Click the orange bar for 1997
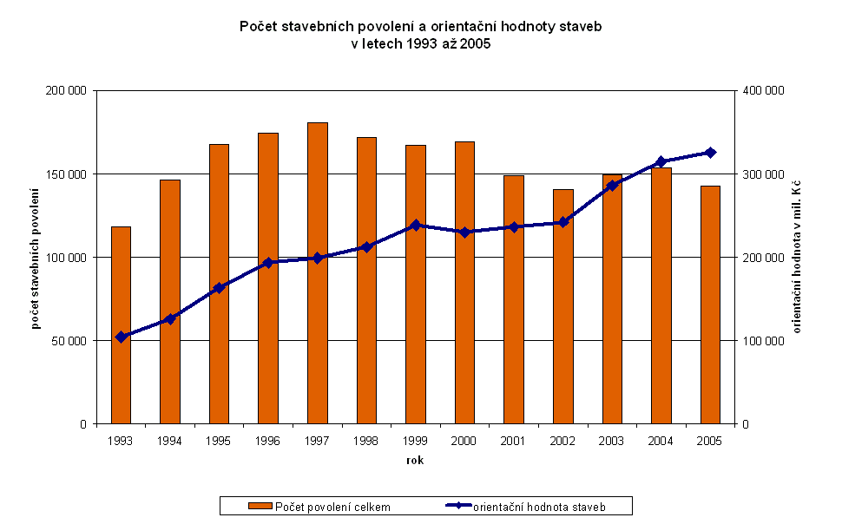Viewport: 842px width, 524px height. coord(318,273)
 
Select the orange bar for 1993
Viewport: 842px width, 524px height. coord(121,325)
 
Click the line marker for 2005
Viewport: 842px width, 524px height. coord(710,153)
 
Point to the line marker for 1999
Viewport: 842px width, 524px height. coord(416,225)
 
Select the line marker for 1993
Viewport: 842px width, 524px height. coord(121,337)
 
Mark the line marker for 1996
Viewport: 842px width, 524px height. coord(268,262)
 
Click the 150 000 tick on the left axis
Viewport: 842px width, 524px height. coord(68,174)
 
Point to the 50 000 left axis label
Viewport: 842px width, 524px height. coord(70,341)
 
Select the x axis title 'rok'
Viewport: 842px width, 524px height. coord(415,460)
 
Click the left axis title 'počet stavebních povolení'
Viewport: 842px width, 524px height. coord(36,258)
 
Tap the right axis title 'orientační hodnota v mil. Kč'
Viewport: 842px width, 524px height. coord(797,258)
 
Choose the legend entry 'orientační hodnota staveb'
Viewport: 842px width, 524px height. coord(538,506)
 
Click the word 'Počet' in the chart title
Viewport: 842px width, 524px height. coord(259,27)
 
